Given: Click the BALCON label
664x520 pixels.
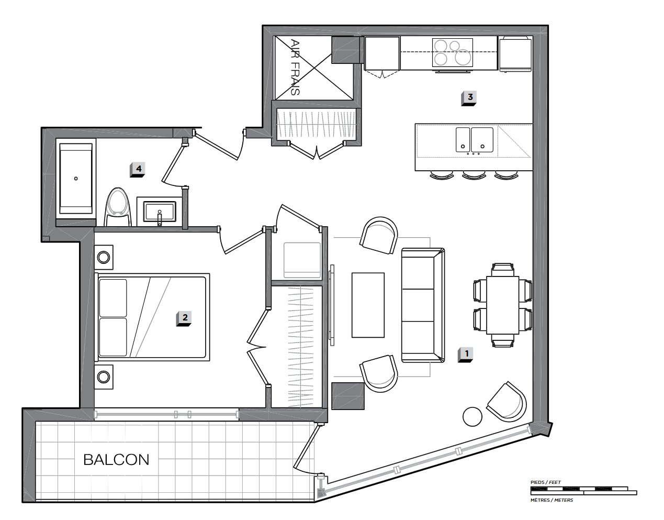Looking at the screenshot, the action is pyautogui.click(x=116, y=460).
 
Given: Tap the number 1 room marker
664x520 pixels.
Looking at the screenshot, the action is pyautogui.click(x=465, y=355).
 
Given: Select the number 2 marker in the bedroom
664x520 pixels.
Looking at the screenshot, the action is pyautogui.click(x=184, y=318).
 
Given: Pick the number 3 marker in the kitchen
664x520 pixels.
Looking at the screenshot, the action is pyautogui.click(x=469, y=98).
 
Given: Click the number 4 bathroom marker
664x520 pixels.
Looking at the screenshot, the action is pyautogui.click(x=138, y=170).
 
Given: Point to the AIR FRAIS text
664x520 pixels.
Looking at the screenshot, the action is pyautogui.click(x=295, y=67).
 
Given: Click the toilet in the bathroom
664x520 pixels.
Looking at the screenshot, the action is pyautogui.click(x=118, y=207).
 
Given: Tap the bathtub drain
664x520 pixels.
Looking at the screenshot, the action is pyautogui.click(x=76, y=179).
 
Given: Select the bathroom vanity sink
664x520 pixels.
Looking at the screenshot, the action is pyautogui.click(x=159, y=212).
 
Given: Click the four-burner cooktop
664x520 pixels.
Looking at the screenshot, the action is pyautogui.click(x=453, y=52).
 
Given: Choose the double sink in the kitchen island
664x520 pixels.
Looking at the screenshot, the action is pyautogui.click(x=474, y=140).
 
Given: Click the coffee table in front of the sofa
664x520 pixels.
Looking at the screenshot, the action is pyautogui.click(x=368, y=305).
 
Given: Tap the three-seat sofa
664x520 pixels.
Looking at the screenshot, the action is pyautogui.click(x=423, y=305).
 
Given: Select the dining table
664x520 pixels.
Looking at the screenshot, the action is pyautogui.click(x=503, y=305).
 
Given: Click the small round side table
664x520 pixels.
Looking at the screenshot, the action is pyautogui.click(x=472, y=416).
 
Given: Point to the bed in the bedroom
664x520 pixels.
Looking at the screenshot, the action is pyautogui.click(x=152, y=317).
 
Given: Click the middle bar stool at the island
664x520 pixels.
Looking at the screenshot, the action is pyautogui.click(x=474, y=175).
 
